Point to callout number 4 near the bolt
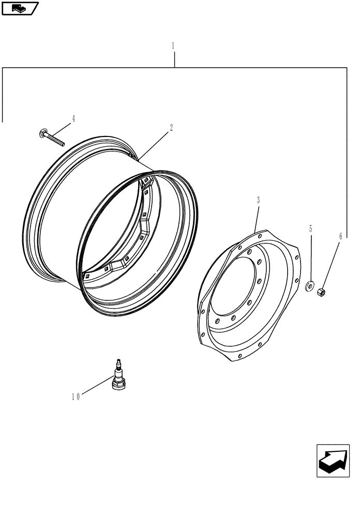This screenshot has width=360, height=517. click(73, 119)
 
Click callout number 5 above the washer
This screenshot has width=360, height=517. click(310, 228)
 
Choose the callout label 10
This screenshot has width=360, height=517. click(76, 397)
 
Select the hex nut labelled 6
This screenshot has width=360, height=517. click(321, 292)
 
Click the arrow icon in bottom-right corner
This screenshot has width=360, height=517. click(333, 460)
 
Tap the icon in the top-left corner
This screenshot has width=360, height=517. click(20, 8)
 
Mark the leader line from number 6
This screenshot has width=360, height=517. click(331, 264)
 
